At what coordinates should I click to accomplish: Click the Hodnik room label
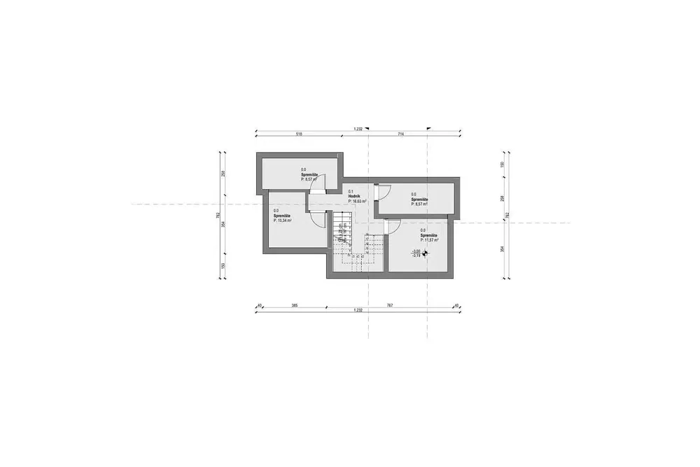354,196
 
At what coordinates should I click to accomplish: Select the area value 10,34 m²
282,221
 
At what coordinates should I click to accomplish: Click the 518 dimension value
299,133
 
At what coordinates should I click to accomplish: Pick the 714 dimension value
401,133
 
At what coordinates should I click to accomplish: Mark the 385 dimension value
295,305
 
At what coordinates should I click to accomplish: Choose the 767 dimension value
390,305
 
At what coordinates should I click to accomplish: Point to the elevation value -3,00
416,251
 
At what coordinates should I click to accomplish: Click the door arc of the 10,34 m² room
319,219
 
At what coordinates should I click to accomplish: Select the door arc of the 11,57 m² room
392,226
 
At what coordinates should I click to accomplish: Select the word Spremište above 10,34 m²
281,216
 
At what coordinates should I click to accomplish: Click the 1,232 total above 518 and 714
358,129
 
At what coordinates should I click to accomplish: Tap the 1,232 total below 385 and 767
358,310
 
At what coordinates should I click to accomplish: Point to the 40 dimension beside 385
259,305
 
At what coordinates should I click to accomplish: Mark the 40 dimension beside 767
456,305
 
